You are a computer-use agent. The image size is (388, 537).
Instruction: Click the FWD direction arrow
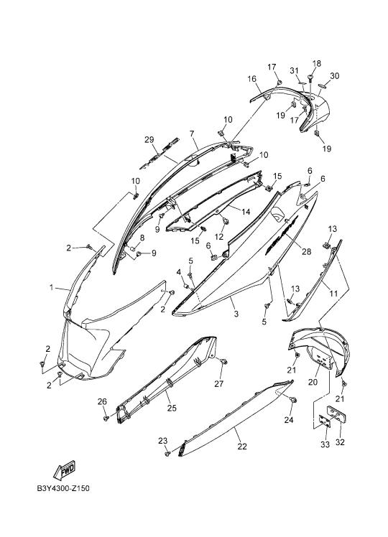(65, 470)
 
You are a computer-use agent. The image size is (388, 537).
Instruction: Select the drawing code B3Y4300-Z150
(63, 488)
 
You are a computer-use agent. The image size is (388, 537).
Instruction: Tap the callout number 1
(52, 288)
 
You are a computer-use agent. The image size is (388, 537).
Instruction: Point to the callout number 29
(149, 140)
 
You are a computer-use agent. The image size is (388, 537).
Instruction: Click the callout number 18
(317, 63)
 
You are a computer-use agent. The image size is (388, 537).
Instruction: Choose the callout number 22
(242, 447)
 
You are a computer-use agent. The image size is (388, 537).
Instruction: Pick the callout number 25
(172, 408)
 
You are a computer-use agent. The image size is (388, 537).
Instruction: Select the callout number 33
(325, 444)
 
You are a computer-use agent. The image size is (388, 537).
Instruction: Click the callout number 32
(340, 442)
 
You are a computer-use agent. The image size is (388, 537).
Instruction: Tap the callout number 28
(306, 252)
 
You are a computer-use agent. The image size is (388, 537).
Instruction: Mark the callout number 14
(246, 212)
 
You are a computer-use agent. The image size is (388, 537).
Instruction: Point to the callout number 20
(313, 382)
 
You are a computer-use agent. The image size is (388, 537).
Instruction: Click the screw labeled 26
(106, 418)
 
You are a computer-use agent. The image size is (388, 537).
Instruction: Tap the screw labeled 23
(167, 453)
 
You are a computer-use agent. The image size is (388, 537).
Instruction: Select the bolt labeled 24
(293, 400)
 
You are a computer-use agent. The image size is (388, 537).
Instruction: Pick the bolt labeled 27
(224, 361)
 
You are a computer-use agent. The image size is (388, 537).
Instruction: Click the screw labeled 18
(311, 78)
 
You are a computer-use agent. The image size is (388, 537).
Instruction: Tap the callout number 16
(252, 79)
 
